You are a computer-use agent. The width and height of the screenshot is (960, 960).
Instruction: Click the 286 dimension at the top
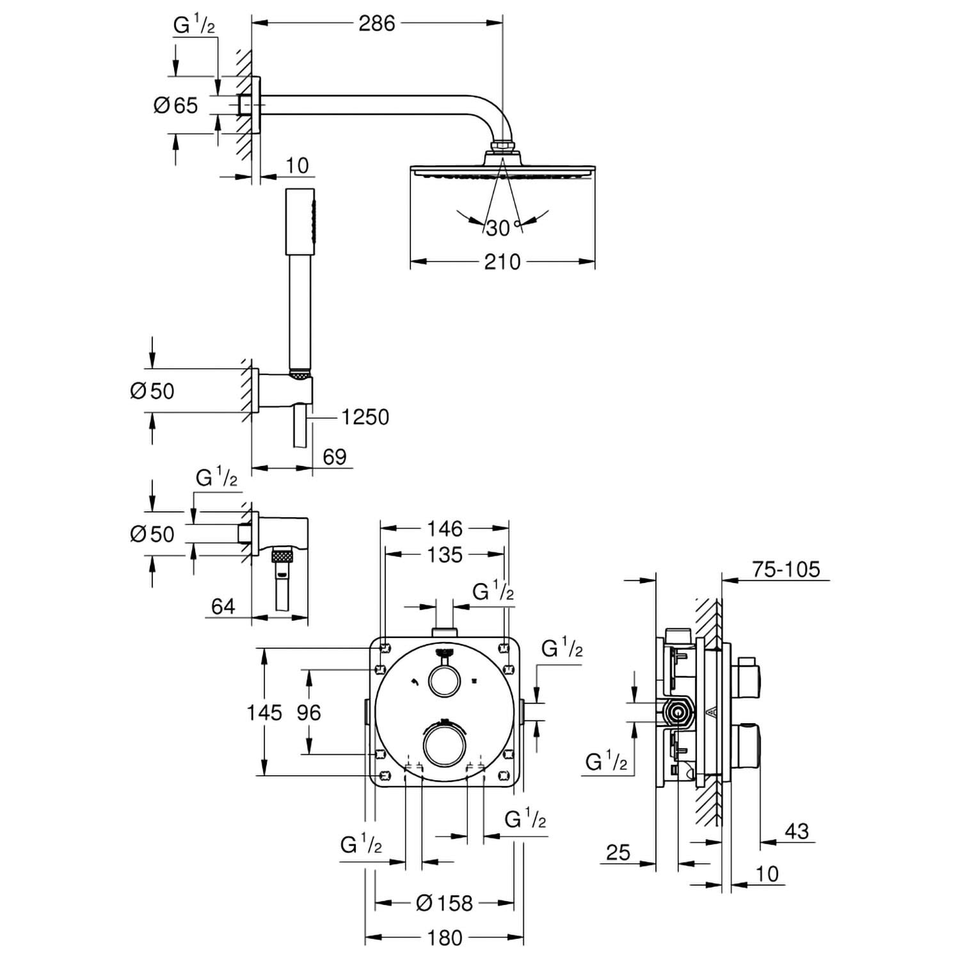pyautogui.click(x=377, y=24)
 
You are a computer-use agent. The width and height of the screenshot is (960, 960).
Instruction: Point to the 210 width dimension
pyautogui.click(x=502, y=262)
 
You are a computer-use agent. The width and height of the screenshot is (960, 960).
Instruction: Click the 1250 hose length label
pyautogui.click(x=365, y=417)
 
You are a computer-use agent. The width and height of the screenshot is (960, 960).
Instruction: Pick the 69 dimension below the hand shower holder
pyautogui.click(x=334, y=457)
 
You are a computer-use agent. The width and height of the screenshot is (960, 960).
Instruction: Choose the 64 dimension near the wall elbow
pyautogui.click(x=223, y=606)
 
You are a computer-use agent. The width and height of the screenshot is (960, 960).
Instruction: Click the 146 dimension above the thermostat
pyautogui.click(x=445, y=529)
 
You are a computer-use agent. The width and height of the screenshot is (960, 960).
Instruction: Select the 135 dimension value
pyautogui.click(x=445, y=554)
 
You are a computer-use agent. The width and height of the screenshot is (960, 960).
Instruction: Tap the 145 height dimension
pyautogui.click(x=265, y=712)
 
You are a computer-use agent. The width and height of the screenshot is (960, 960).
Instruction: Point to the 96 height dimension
pyautogui.click(x=308, y=712)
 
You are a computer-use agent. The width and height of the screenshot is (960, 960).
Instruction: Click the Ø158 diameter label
pyautogui.click(x=444, y=903)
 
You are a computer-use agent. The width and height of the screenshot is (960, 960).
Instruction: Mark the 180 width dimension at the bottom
pyautogui.click(x=445, y=938)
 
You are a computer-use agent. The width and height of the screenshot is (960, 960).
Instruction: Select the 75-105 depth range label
pyautogui.click(x=786, y=569)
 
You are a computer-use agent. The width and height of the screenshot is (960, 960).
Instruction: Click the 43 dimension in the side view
pyautogui.click(x=797, y=831)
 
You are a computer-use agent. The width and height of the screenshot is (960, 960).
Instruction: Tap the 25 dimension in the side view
pyautogui.click(x=618, y=852)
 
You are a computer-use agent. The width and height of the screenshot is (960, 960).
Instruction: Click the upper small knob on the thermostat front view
pyautogui.click(x=444, y=682)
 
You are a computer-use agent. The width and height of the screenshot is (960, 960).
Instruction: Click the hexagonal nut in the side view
pyautogui.click(x=677, y=711)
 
